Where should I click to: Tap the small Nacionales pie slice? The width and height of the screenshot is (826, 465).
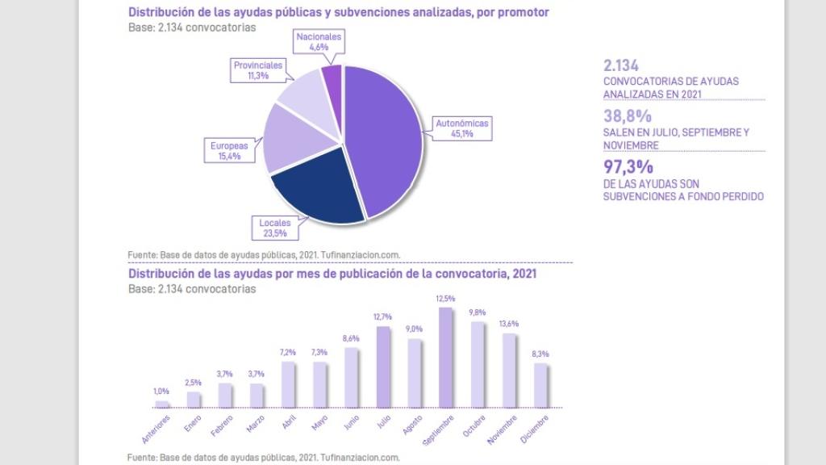(x=332, y=77)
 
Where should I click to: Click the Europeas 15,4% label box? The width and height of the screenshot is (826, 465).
(x=230, y=150)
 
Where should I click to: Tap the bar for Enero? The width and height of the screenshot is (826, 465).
(x=194, y=400)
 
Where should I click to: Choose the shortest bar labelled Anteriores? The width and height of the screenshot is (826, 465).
(x=162, y=404)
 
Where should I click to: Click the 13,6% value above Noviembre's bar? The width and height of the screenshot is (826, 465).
(x=508, y=324)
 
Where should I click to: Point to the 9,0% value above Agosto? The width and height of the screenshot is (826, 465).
(x=415, y=329)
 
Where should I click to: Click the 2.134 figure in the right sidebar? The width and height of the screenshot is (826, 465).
(x=621, y=66)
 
